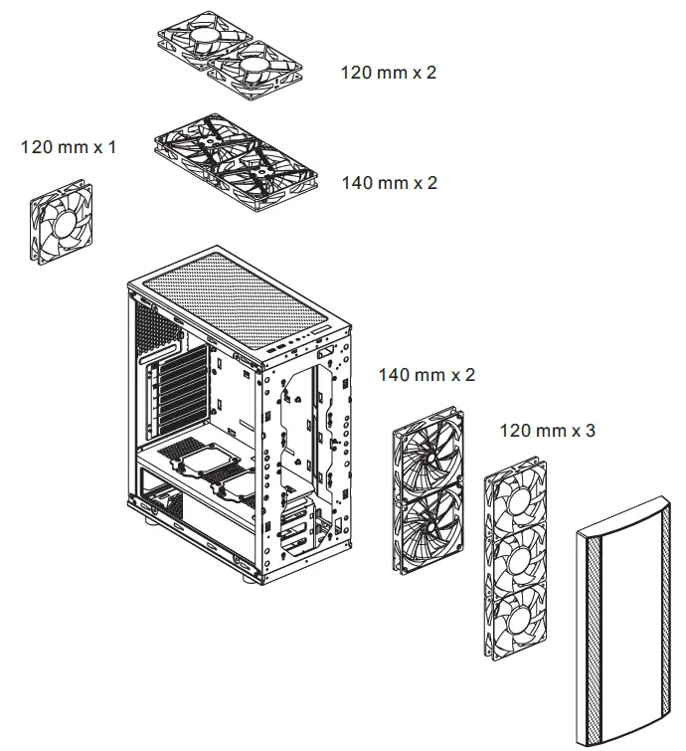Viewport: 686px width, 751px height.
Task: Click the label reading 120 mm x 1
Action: coord(68,147)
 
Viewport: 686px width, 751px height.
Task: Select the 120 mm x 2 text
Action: coord(389,73)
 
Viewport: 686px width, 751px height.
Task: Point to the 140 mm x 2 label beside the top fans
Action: coord(389,183)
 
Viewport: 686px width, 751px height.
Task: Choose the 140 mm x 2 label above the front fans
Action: coord(427,375)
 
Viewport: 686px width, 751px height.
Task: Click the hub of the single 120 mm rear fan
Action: coord(62,222)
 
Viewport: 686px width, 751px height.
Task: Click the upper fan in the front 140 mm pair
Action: coord(430,454)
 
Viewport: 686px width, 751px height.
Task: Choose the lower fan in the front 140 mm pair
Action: coord(430,527)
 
